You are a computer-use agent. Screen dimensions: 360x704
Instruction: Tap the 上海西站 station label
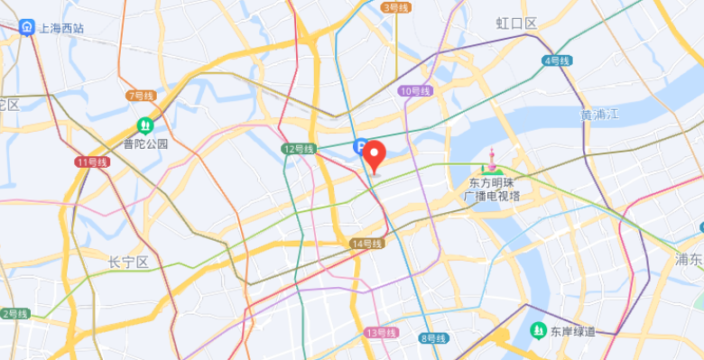pyautogui.click(x=60, y=28)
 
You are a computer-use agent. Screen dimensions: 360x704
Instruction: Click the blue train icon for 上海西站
pyautogui.click(x=28, y=28)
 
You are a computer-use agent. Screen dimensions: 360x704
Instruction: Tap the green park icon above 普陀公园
pyautogui.click(x=145, y=126)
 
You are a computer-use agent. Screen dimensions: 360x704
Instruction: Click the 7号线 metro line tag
pyautogui.click(x=142, y=95)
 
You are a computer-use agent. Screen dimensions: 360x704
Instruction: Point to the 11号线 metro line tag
pyautogui.click(x=92, y=162)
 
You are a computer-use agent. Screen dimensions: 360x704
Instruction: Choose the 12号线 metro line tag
pyautogui.click(x=298, y=149)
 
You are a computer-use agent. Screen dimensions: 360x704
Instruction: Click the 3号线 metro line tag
pyautogui.click(x=396, y=7)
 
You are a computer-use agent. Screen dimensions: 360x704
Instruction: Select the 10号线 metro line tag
pyautogui.click(x=414, y=90)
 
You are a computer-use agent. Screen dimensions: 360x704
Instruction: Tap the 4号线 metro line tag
pyautogui.click(x=557, y=60)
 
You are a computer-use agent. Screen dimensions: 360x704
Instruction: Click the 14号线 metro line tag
pyautogui.click(x=368, y=244)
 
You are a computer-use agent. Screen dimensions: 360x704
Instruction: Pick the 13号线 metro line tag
pyautogui.click(x=382, y=333)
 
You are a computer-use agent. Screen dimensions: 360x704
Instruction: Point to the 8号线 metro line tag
pyautogui.click(x=434, y=338)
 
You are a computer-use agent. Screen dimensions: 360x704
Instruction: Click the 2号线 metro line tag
pyautogui.click(x=15, y=313)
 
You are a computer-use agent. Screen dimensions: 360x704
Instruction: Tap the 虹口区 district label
pyautogui.click(x=517, y=23)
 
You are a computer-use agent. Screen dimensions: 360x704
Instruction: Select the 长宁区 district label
pyautogui.click(x=128, y=263)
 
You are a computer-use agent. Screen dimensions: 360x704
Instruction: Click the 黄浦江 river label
pyautogui.click(x=600, y=115)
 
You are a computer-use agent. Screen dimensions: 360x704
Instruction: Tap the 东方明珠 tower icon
pyautogui.click(x=491, y=164)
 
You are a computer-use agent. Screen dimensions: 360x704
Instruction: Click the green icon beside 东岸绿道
pyautogui.click(x=539, y=330)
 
